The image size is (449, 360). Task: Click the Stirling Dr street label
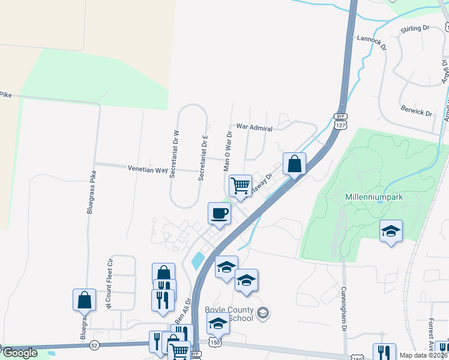point(415,28)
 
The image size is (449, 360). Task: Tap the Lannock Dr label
point(370,40)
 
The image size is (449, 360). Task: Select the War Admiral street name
point(255,128)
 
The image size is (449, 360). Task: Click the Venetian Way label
point(147,170)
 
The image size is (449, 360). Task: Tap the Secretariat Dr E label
point(204,159)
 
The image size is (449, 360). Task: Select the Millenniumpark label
point(373,197)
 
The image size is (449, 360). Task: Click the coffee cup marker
point(219,212)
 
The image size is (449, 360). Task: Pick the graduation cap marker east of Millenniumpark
point(391,230)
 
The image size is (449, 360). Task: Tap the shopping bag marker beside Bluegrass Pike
point(84,299)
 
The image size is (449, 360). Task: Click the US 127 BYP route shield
point(340,122)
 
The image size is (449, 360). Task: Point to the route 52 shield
point(94,346)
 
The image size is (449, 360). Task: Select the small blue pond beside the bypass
point(196,260)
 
